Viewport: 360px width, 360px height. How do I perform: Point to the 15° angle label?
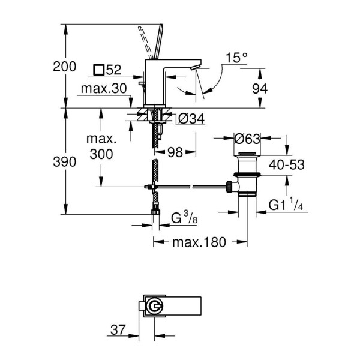(236, 58)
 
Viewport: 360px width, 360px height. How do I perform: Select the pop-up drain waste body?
(245, 177)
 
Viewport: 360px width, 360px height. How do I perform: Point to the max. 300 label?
(100, 146)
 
